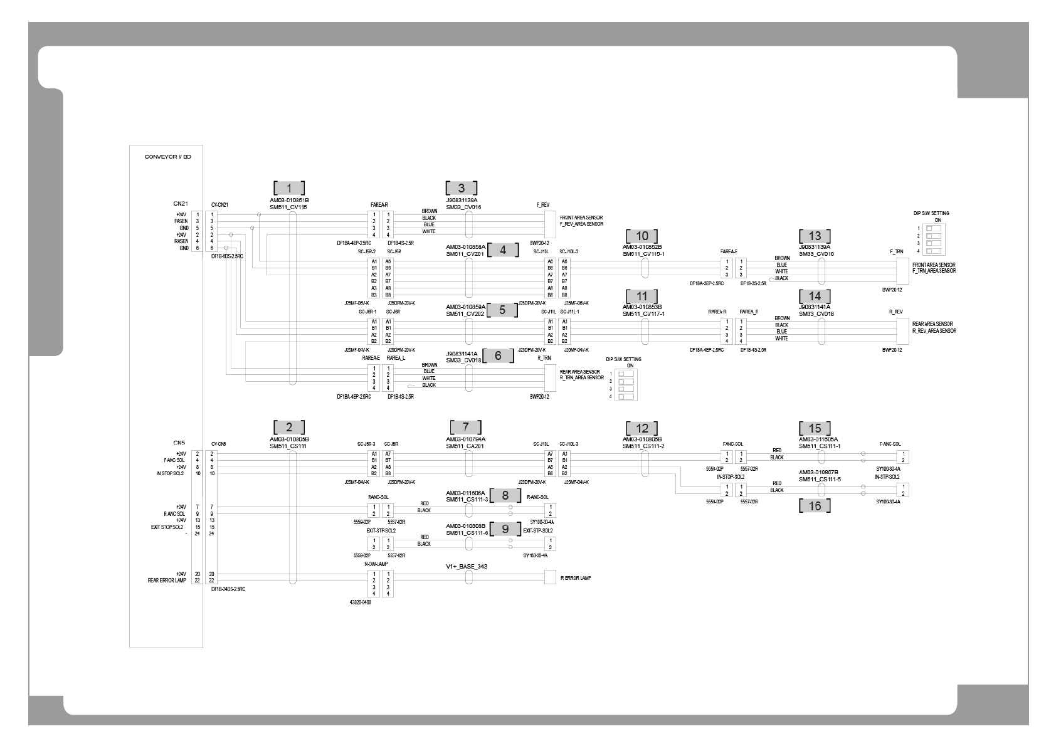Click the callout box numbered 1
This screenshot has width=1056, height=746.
(x=289, y=187)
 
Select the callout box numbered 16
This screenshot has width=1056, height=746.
(x=815, y=505)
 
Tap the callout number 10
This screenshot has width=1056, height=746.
(x=642, y=236)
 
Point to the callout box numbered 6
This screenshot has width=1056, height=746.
(x=498, y=355)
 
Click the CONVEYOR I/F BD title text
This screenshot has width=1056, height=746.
(x=167, y=157)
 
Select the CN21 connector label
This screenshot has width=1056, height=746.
(x=181, y=203)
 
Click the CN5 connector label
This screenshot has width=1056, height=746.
(x=179, y=443)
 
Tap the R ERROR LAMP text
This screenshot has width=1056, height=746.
(x=575, y=578)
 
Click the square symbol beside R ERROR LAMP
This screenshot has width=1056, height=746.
(x=550, y=577)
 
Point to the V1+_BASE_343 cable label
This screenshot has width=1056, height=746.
(x=467, y=566)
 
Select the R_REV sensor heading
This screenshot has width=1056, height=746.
(x=895, y=312)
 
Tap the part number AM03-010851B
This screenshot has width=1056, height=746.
(x=289, y=200)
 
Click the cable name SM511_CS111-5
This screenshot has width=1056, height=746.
(x=820, y=479)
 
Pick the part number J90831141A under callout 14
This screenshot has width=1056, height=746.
(x=815, y=307)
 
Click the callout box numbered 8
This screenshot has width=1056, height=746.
(x=505, y=495)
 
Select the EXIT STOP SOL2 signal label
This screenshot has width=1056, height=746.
(x=168, y=527)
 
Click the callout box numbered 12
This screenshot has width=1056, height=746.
(x=642, y=428)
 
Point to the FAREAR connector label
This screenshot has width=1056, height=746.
(x=379, y=205)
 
